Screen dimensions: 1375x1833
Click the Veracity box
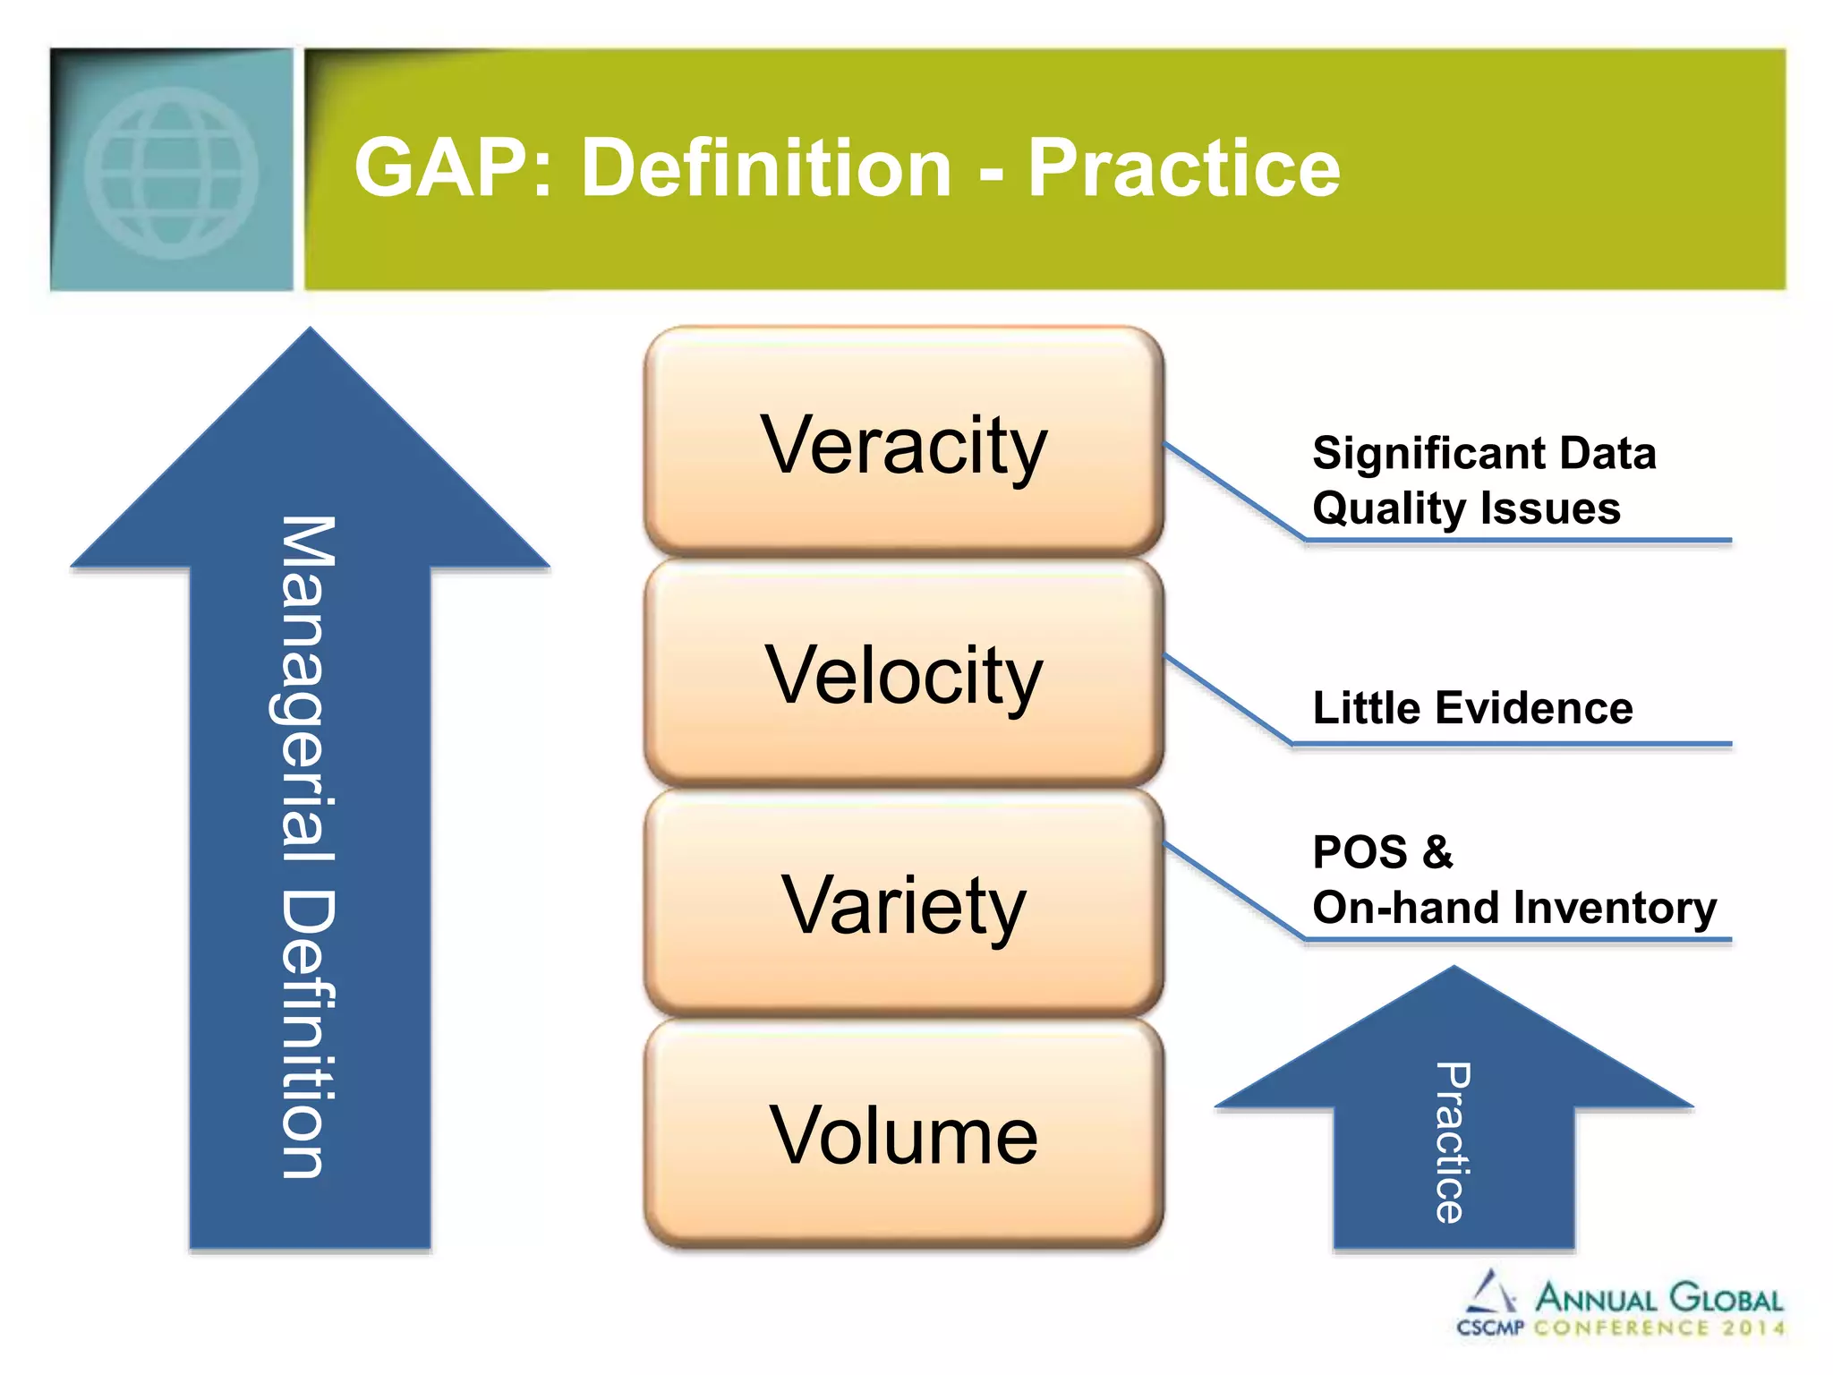point(903,443)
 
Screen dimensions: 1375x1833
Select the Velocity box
point(903,673)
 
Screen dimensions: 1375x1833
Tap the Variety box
point(903,904)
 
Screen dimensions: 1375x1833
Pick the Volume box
point(903,1134)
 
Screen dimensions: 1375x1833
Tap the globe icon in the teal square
point(171,172)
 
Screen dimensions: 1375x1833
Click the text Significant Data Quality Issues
point(1483,480)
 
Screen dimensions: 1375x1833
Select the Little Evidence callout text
point(1472,708)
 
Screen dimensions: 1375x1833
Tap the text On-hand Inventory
point(1514,908)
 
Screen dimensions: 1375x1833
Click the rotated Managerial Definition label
point(307,846)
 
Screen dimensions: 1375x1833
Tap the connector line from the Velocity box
point(1228,699)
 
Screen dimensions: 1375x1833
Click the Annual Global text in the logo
point(1658,1298)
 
